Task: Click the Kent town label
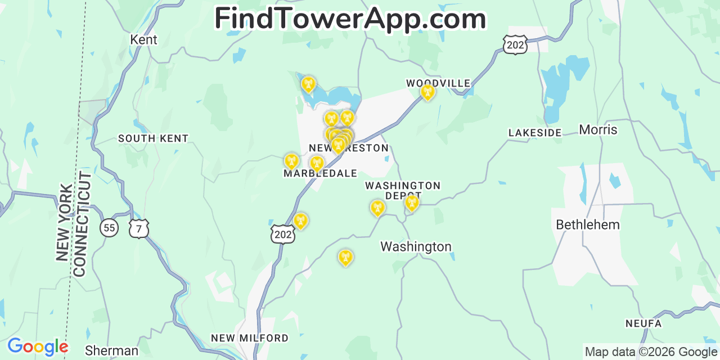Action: (x=143, y=40)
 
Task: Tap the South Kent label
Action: (x=153, y=138)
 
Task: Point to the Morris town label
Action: (x=598, y=130)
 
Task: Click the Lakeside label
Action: (x=535, y=133)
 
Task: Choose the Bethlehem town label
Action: (x=588, y=225)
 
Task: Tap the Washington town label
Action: (x=416, y=247)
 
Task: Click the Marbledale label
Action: (x=320, y=174)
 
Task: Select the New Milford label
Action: (x=249, y=338)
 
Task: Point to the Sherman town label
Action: (x=111, y=351)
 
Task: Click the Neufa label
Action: (x=642, y=324)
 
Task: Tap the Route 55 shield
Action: (x=109, y=228)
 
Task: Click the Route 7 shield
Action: (x=138, y=228)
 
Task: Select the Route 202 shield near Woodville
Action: (x=515, y=44)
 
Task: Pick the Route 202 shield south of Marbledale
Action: (x=282, y=234)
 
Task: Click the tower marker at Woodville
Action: (x=427, y=92)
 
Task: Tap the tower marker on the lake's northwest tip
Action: (x=308, y=84)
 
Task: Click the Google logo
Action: (x=37, y=346)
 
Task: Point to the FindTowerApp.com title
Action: (x=350, y=19)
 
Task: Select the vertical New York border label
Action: (x=64, y=222)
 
